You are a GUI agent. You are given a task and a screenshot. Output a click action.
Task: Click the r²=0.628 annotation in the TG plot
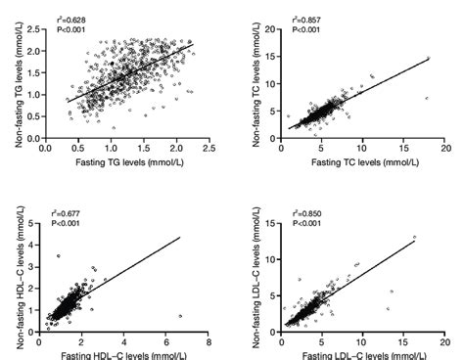(x=69, y=16)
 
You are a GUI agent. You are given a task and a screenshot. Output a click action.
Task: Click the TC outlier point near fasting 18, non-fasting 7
(x=427, y=99)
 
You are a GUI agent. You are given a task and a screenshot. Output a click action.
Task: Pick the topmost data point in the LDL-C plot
(x=414, y=237)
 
